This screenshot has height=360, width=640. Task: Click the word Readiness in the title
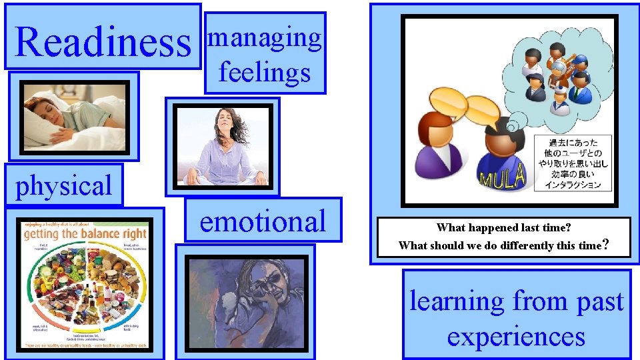(103, 41)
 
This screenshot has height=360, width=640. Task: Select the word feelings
(265, 71)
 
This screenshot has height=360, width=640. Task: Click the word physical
(64, 186)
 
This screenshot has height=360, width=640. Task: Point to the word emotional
(263, 221)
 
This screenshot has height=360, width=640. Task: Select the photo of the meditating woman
(223, 147)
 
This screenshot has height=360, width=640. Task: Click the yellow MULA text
(503, 177)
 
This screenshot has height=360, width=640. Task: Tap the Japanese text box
(573, 163)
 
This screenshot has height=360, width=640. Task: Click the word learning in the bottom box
(457, 301)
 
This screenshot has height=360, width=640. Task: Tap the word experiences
(516, 337)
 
